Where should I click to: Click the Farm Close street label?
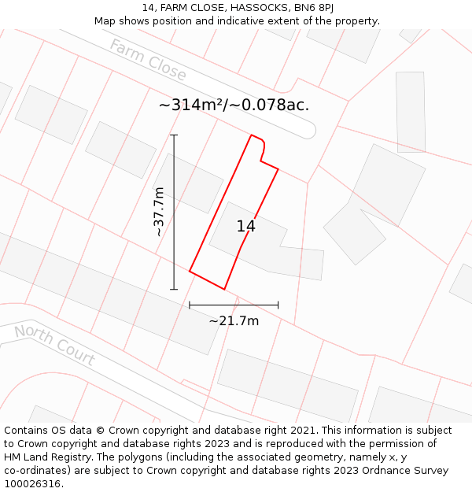[148, 61]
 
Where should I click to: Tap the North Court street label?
[54, 345]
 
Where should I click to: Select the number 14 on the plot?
[245, 227]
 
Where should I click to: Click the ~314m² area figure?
[191, 105]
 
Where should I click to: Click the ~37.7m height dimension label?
[159, 212]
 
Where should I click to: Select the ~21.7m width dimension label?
[234, 320]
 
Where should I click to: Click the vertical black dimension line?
[174, 212]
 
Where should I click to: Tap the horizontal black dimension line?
[234, 305]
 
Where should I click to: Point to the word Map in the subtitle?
[105, 21]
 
